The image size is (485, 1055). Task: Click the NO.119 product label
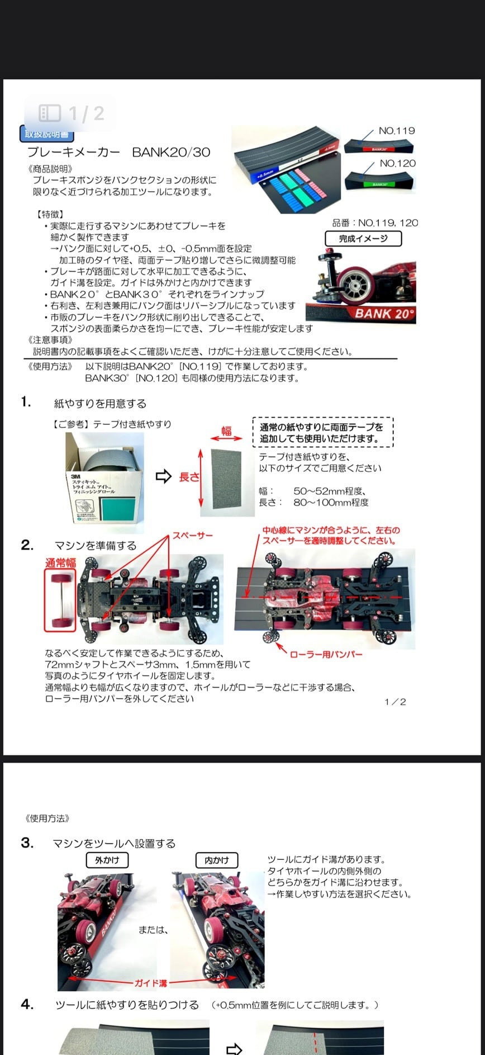[x=397, y=131]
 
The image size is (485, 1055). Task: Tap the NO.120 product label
[x=397, y=163]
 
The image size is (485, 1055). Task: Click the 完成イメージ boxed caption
[x=363, y=239]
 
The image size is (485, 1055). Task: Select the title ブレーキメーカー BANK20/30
[x=118, y=152]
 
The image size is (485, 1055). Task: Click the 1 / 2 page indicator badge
[x=71, y=113]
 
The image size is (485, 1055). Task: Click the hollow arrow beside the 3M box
[x=163, y=476]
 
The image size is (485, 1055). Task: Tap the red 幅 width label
[x=226, y=430]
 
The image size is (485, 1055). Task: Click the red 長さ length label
[x=189, y=477]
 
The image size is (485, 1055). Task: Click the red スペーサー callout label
[x=193, y=536]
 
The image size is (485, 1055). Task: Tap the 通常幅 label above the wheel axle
[x=60, y=562]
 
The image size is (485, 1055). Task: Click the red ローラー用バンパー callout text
[x=326, y=654]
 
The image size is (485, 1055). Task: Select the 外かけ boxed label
[x=107, y=860]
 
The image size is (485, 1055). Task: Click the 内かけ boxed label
[x=217, y=860]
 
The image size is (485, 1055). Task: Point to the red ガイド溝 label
[x=150, y=983]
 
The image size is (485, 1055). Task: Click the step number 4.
[x=27, y=1004]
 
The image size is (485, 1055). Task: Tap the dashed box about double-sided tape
[x=323, y=433]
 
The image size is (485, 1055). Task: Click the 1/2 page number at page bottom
[x=395, y=702]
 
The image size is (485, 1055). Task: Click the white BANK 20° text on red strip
[x=384, y=314]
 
